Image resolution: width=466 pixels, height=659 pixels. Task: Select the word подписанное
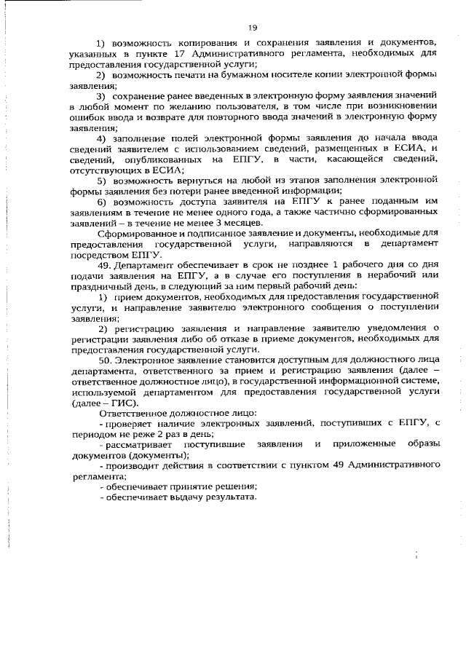(197, 232)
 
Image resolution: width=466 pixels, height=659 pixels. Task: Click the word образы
(418, 445)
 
